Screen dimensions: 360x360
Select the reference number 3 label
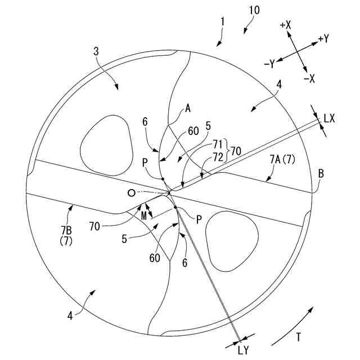pyautogui.click(x=96, y=51)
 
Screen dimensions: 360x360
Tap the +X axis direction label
pyautogui.click(x=285, y=25)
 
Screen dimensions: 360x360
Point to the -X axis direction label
pyautogui.click(x=309, y=79)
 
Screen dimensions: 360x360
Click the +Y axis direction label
pyautogui.click(x=323, y=39)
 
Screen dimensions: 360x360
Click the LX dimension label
pyautogui.click(x=329, y=118)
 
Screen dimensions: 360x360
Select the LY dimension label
pyautogui.click(x=243, y=350)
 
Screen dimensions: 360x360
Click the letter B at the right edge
pyautogui.click(x=321, y=174)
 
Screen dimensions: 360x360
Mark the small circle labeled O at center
pyautogui.click(x=132, y=193)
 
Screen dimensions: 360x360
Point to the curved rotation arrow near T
pyautogui.click(x=292, y=326)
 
